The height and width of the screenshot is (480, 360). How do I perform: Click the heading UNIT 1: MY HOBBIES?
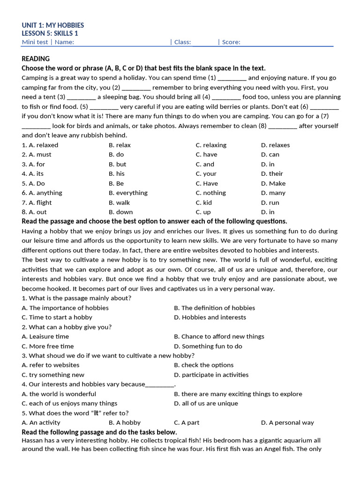53,25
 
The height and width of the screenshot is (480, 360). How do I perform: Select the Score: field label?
231,42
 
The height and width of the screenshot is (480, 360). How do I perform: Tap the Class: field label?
182,42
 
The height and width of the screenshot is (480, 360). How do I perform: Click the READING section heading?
36,59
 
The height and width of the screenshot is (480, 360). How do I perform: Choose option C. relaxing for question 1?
211,145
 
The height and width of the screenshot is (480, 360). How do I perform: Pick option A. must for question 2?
37,155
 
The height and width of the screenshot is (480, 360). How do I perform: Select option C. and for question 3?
205,165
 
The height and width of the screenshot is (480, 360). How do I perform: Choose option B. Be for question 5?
116,184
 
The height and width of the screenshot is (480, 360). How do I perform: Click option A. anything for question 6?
42,193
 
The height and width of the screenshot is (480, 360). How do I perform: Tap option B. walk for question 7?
119,203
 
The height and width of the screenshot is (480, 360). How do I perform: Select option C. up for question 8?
203,212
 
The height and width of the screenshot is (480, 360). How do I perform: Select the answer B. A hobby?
124,423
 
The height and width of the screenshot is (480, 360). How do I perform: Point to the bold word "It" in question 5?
96,413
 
